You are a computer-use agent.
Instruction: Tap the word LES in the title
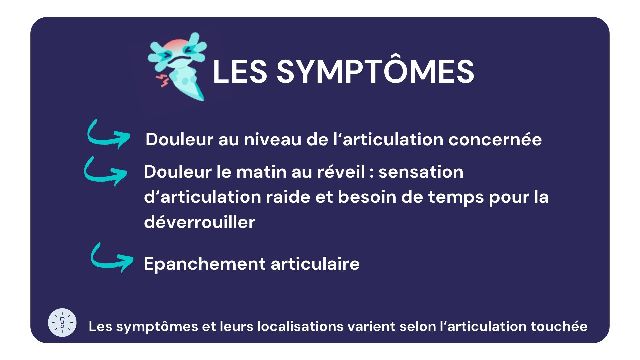tap(240, 71)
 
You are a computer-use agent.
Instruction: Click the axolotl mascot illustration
tap(177, 66)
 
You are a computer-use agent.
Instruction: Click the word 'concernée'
tap(495, 140)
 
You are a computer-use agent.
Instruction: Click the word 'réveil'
tap(341, 172)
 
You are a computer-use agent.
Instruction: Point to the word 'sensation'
tap(421, 172)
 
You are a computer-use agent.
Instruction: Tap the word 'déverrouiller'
tap(199, 222)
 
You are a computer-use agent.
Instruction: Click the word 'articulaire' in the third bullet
tap(315, 264)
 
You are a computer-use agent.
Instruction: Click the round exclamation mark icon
tap(62, 322)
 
